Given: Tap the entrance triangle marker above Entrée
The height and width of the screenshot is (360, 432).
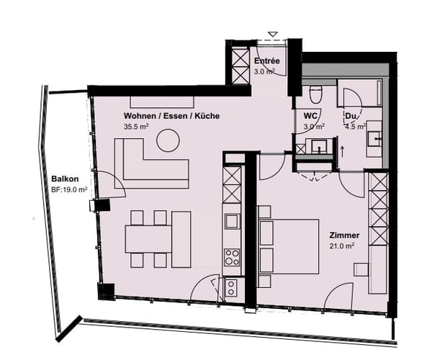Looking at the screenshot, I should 271,34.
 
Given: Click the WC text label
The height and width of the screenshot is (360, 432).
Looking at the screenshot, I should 310,115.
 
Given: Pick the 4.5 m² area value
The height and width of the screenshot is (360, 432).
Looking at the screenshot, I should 356,126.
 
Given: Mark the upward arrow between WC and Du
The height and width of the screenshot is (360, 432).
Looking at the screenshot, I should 343,151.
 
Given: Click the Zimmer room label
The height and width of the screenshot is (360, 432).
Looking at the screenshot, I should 345,235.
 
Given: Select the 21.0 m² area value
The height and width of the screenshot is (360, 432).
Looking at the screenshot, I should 344,246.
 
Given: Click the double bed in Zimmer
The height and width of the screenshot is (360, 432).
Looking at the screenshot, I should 288,243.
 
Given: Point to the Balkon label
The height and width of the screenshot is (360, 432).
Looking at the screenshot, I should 65,179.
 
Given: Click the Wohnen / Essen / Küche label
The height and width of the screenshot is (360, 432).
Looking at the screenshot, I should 171,116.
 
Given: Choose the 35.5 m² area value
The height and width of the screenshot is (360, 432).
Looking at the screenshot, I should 135,127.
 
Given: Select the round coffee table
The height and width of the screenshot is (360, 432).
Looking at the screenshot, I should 168,140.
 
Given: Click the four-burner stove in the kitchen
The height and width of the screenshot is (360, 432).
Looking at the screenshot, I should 232,256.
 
